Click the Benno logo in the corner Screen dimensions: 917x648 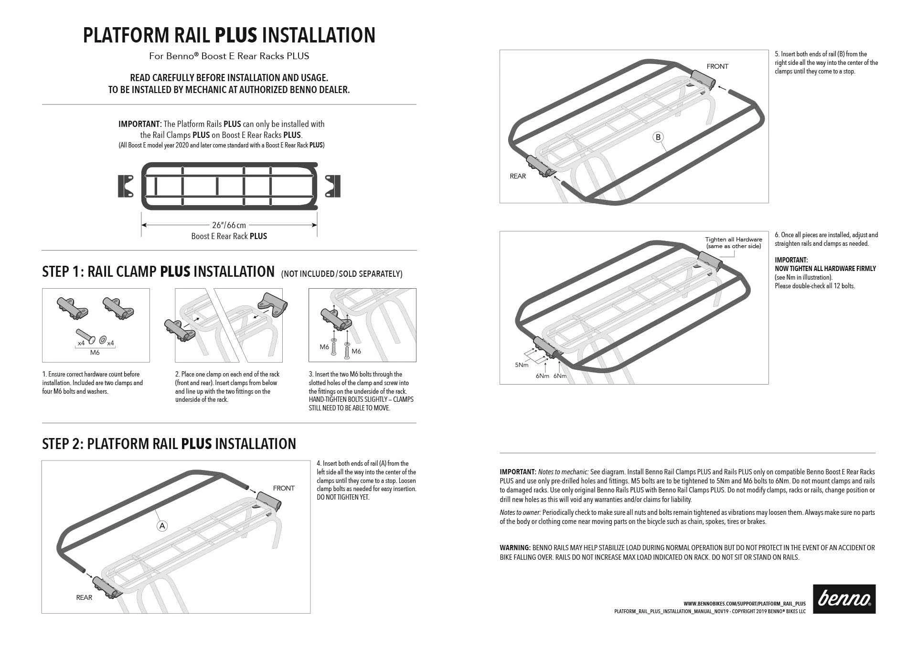pos(844,599)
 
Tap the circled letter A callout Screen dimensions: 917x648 pos(162,526)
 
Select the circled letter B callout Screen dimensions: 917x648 pos(658,137)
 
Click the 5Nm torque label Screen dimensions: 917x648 pos(522,365)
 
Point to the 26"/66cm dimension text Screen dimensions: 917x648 pos(229,225)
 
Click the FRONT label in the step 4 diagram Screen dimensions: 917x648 pos(284,488)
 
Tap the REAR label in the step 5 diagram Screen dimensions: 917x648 pos(518,176)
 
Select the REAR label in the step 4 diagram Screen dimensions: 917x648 pos(84,597)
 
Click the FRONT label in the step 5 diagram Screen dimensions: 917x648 pos(717,66)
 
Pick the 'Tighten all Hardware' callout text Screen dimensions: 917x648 pos(734,240)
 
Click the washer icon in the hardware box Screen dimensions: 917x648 pos(103,340)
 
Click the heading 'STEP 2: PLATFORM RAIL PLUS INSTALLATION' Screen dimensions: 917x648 pos(169,444)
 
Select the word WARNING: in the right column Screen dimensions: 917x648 pos(515,548)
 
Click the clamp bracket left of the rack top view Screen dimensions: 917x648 pos(126,186)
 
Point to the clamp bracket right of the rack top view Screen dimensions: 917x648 pos(333,186)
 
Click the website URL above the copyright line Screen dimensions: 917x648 pos(745,604)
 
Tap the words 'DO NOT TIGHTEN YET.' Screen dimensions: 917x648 pos(343,497)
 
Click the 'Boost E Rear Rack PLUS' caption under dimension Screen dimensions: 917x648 pos(229,236)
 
